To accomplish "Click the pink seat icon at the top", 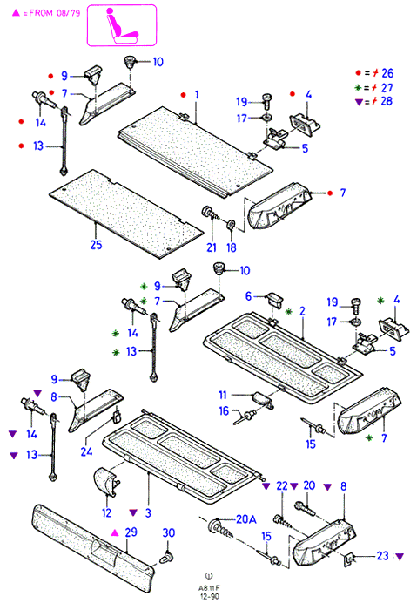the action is point(122,25).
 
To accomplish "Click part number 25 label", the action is point(96,245).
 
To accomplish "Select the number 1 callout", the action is point(197,94).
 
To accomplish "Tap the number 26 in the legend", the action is point(387,73).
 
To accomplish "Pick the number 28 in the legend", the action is point(387,101).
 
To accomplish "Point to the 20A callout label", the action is point(246,519).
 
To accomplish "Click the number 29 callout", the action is point(131,532).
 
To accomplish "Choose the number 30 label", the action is point(169,532).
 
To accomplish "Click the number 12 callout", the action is point(106,512).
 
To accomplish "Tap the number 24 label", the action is point(86,451).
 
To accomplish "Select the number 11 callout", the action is point(222,396).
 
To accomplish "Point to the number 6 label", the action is point(249,296).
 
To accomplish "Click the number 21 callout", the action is point(212,247).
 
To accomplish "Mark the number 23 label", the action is point(382,556).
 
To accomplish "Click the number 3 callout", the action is point(148,512).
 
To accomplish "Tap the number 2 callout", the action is point(302,311).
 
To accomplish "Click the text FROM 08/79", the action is point(55,13).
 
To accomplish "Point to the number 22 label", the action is point(282,486).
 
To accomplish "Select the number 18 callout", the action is point(232,247).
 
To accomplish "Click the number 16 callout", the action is point(224,410).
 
